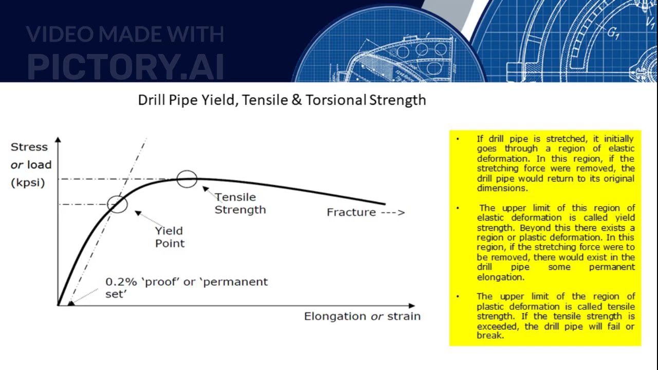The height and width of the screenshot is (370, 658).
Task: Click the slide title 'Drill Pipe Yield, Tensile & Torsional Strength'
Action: coord(282,100)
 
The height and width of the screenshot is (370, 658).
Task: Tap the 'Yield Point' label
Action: coord(169,237)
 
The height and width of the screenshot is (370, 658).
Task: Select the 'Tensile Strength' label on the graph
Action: coord(240,203)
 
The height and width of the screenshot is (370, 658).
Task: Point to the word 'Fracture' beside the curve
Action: coord(351,212)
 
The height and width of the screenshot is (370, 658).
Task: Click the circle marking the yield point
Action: coord(118,204)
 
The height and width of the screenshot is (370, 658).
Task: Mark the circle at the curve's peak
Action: coord(187,179)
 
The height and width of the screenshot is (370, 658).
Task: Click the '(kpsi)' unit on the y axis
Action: coord(28,182)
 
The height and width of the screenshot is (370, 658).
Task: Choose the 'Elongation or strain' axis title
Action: coord(362,316)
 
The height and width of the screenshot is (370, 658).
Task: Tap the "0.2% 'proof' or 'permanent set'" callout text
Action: coord(186,287)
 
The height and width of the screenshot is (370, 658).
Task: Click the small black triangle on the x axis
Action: coord(71,303)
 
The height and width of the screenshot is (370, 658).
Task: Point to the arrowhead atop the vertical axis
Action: coord(58,139)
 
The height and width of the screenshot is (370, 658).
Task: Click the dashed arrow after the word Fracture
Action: coord(393,212)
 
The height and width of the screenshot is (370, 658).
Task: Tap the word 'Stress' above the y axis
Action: coord(29,147)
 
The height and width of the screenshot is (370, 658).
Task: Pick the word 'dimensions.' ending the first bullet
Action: coord(495,188)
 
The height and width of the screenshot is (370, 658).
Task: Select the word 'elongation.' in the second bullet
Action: coord(501,277)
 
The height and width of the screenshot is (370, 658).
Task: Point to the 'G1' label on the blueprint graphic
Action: coord(613,33)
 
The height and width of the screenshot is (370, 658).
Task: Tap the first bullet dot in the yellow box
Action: coord(458,139)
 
